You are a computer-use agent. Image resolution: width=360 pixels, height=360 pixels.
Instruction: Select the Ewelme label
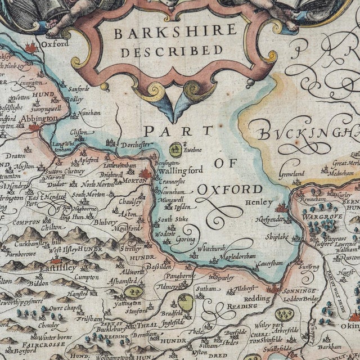click(x=194, y=150)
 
